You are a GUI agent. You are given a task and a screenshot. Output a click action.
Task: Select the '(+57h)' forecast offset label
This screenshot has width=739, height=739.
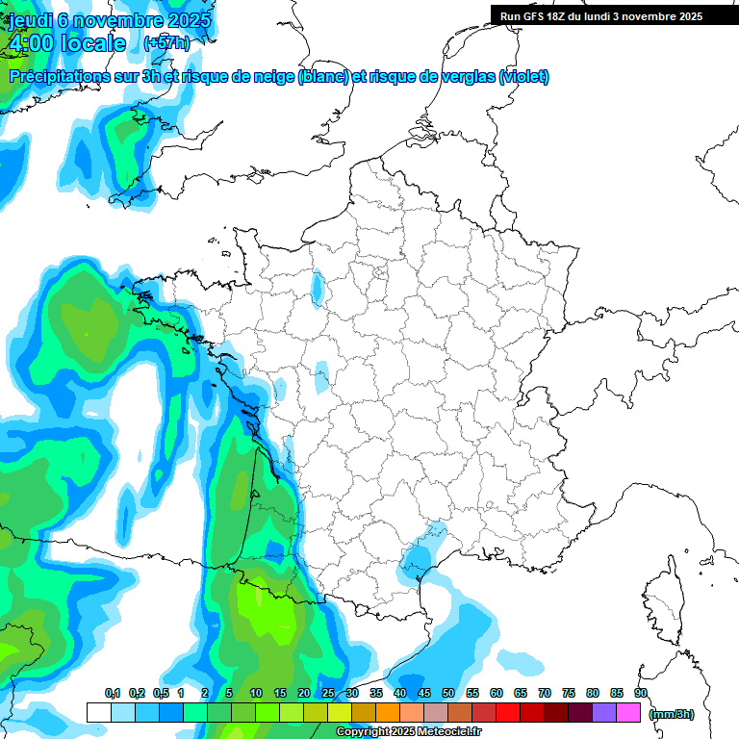166,43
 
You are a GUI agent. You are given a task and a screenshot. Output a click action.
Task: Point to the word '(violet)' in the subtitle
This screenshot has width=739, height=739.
524,76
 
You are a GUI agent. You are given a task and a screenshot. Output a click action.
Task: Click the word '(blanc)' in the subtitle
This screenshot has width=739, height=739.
323,76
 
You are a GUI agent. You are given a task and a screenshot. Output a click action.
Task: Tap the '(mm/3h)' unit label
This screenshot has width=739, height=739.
672,713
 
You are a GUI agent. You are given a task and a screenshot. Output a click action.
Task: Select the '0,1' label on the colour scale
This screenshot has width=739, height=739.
112,693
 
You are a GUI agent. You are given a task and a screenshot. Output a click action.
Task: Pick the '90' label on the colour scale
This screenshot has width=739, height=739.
640,693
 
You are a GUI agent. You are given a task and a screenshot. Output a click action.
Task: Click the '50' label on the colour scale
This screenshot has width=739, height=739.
448,693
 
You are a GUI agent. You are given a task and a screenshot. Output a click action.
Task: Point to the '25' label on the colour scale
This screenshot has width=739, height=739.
328,693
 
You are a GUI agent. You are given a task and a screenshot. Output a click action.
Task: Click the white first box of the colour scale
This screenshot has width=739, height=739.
98,712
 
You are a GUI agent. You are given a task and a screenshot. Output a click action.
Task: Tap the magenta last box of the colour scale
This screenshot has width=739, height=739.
628,712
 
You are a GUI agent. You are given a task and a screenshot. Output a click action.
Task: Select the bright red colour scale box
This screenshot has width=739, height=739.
508,712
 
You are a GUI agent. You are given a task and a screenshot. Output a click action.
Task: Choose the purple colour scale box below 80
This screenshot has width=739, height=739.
604,712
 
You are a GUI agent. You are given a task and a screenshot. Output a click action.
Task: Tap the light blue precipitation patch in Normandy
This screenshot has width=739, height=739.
318,286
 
